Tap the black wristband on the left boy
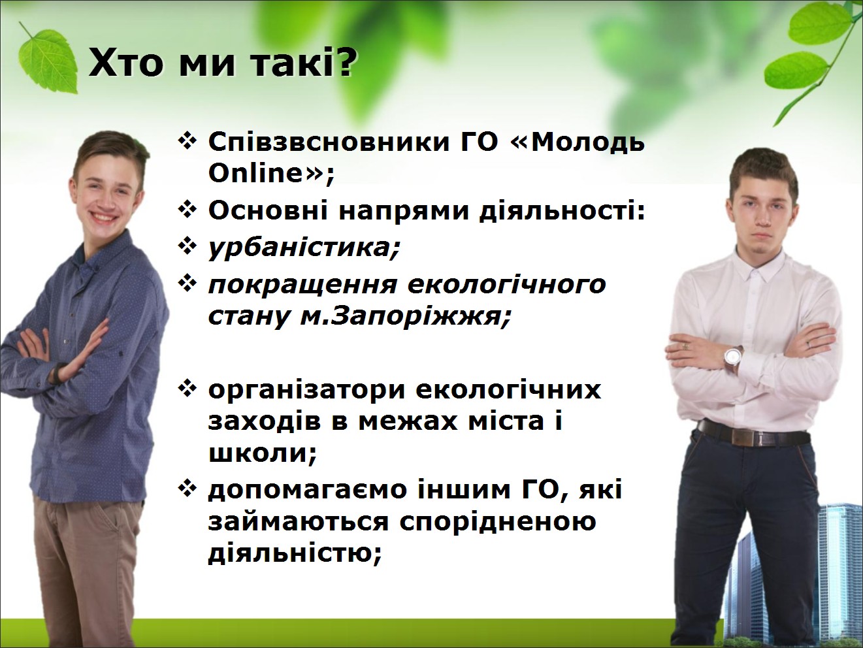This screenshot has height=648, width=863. (x=57, y=372)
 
